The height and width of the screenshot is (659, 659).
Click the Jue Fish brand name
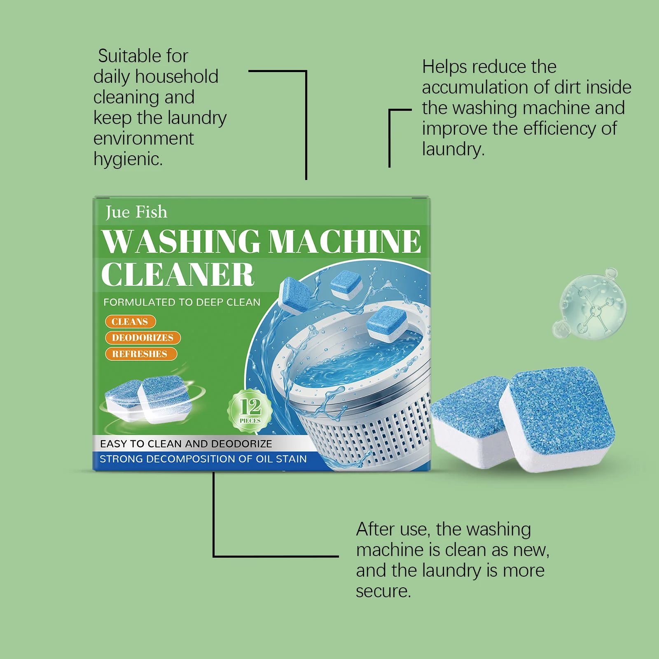tap(136, 212)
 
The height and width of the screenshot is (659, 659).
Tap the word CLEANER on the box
tap(178, 275)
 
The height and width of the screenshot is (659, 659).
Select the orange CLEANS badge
tap(130, 322)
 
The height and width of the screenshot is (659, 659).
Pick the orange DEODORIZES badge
tap(143, 338)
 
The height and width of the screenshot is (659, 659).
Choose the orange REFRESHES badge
tap(140, 354)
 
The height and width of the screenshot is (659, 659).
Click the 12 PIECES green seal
tap(250, 410)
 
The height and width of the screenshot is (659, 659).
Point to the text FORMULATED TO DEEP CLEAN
tap(182, 302)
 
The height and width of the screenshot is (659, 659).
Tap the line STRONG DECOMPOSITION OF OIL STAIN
tap(203, 459)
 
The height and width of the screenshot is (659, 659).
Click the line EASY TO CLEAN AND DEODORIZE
tap(186, 444)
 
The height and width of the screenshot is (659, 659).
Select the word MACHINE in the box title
tap(345, 242)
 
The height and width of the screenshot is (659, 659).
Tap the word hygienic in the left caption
tap(128, 159)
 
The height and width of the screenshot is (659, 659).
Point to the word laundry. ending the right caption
tap(453, 149)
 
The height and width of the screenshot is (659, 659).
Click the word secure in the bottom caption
tap(383, 591)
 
